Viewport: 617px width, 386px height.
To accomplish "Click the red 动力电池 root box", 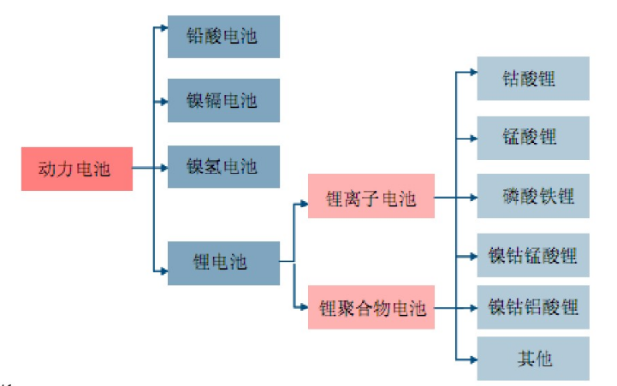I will pos(77,169).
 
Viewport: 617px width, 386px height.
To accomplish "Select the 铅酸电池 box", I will pos(223,37).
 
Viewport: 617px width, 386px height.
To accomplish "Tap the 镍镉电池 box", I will pos(223,100).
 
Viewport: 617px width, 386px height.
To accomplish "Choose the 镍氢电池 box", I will pos(223,165).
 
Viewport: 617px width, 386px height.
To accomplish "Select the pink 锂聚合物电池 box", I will pos(371,307).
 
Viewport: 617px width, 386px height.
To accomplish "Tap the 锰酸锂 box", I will pos(533,137).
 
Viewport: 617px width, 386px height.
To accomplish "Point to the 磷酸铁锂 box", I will pos(533,196).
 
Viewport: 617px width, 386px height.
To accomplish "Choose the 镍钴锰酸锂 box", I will pos(533,254).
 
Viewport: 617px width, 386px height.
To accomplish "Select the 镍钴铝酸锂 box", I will pos(533,306).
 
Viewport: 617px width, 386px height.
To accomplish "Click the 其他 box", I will pos(533,358).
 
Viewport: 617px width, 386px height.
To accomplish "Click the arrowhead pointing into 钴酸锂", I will pos(472,71).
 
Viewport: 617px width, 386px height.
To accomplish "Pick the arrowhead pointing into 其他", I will pos(472,357).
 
